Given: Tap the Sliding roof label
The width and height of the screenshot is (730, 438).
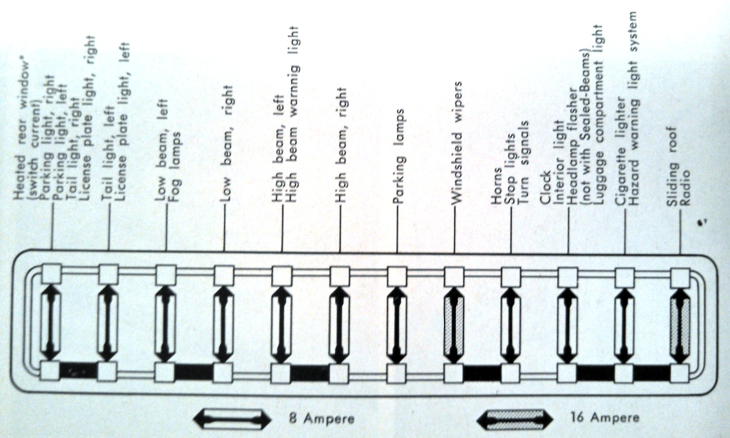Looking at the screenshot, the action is [672, 166].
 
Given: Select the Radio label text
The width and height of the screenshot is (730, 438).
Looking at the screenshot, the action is [685, 188].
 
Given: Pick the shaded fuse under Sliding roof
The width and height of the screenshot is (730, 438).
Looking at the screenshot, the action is [680, 325].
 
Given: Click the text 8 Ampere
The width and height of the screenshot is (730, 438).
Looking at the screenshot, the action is [321, 418].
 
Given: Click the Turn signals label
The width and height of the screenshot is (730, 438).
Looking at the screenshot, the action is [523, 163].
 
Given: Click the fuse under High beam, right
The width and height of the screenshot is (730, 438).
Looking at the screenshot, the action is [340, 325].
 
